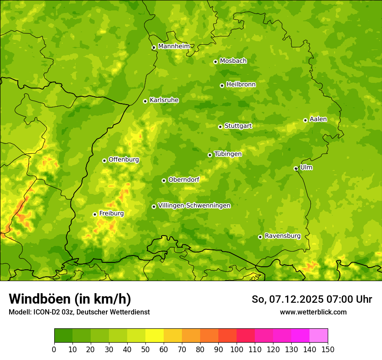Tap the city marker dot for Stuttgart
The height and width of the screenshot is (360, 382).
(x=220, y=127)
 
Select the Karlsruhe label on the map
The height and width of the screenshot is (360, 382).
(x=164, y=100)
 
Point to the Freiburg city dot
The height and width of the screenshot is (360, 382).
(x=95, y=214)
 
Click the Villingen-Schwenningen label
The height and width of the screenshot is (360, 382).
(x=194, y=206)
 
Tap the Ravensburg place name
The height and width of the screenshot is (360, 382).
(x=282, y=236)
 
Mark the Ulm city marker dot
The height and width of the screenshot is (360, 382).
(x=296, y=168)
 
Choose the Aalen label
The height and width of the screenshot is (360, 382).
(x=318, y=119)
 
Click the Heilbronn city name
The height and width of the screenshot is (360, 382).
(x=241, y=85)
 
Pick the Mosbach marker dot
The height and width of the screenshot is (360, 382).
(x=215, y=62)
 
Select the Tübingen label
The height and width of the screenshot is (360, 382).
(x=228, y=154)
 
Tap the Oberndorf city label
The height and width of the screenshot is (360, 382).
(x=184, y=180)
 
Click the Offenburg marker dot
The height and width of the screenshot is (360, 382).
(x=104, y=160)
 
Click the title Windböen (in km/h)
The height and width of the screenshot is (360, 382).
(x=70, y=299)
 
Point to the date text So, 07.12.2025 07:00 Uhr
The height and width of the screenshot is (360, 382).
(x=312, y=299)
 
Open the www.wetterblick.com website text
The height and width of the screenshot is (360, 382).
(x=313, y=312)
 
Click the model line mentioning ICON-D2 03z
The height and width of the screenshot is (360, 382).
(x=79, y=312)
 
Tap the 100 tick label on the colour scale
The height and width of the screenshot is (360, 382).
(x=236, y=350)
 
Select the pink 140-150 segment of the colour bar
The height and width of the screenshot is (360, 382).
(x=319, y=336)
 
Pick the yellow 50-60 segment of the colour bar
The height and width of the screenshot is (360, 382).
(x=155, y=336)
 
